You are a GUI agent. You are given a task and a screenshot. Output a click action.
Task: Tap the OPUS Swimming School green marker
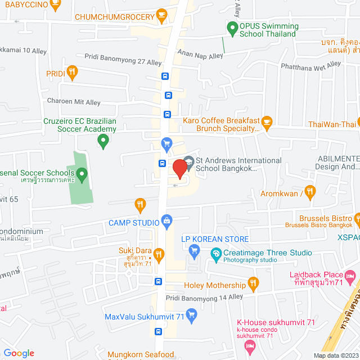pos(231,26)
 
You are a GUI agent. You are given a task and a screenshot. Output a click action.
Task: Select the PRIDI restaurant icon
pos(71,71)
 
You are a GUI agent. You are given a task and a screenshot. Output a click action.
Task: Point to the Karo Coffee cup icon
pos(267,121)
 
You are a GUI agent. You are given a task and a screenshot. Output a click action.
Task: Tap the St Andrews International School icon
pos(188,161)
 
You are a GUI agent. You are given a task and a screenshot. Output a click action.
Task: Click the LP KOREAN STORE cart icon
pos(194,250)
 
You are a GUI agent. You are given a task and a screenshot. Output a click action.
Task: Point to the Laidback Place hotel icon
pos(350,276)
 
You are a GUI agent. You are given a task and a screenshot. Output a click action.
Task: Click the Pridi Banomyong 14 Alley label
pos(204,296)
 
